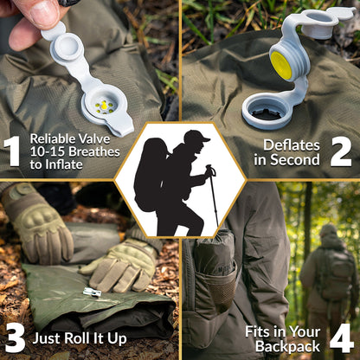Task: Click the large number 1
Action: (x=12, y=151)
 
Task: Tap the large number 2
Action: (x=341, y=151)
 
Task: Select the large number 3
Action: (x=16, y=337)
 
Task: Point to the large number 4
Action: (x=342, y=338)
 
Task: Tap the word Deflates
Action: (x=292, y=145)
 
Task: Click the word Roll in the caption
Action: (x=75, y=338)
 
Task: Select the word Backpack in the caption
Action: (x=287, y=346)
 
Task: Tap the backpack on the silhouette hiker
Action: (x=151, y=174)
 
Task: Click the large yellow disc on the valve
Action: (x=281, y=65)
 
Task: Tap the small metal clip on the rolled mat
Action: (x=93, y=292)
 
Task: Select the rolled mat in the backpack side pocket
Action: (x=214, y=254)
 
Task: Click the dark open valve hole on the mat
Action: (x=267, y=113)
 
